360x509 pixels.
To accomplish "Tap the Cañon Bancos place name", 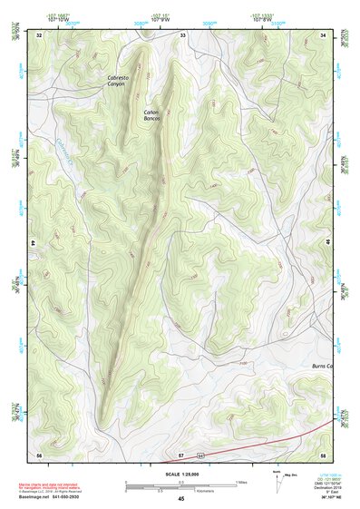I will coord(151,115).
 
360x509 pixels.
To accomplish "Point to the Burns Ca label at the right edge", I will coord(323,366).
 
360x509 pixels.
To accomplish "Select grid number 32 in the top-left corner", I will coord(40,34).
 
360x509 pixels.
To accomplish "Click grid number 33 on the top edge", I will coord(182,34).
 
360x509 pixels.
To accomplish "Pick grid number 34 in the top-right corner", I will coord(324,34).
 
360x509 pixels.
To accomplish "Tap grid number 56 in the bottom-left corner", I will coord(39,454).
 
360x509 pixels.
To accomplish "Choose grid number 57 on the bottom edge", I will coord(181,454).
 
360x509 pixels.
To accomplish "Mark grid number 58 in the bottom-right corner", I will coord(323,454).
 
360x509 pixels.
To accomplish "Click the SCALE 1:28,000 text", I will coord(181,474).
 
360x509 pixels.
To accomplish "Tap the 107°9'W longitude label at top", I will coord(160,17).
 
